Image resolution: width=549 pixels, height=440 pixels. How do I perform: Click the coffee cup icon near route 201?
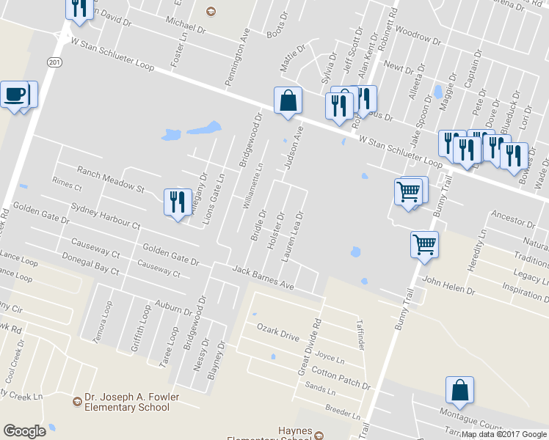point(14,95)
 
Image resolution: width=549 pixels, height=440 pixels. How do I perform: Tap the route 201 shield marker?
point(55,63)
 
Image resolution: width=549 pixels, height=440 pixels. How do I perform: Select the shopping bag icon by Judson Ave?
point(288,100)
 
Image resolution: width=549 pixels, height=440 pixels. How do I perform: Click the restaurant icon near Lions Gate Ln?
point(176,201)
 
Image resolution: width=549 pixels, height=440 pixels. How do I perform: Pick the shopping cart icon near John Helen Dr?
point(425,243)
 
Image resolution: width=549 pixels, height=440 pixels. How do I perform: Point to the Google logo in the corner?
point(24,431)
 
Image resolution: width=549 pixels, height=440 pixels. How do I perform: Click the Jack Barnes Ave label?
point(262,279)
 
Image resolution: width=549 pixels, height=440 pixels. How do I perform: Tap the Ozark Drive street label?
point(277,331)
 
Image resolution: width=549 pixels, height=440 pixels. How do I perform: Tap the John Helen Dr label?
point(448,285)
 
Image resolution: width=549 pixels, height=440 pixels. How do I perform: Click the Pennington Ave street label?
point(238,56)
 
